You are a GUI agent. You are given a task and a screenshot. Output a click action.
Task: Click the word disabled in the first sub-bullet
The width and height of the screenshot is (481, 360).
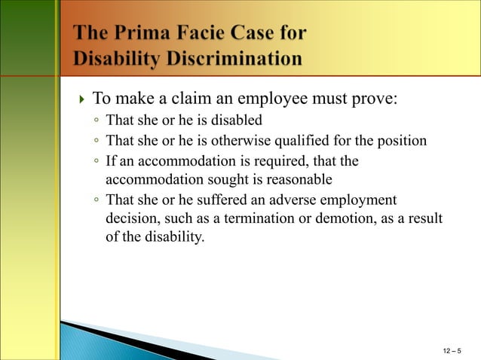(x=237, y=121)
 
